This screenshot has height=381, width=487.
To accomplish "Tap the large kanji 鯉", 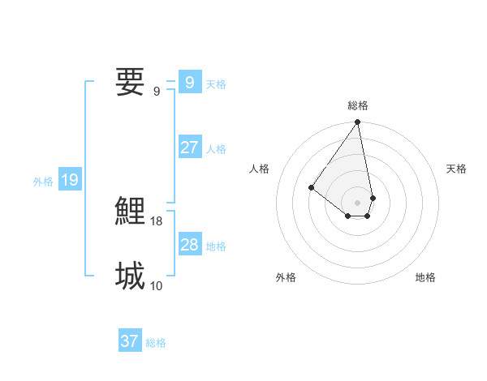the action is pyautogui.click(x=131, y=212).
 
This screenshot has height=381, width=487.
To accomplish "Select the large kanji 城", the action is pyautogui.click(x=131, y=276).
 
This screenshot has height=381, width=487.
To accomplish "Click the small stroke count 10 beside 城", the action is pyautogui.click(x=157, y=285).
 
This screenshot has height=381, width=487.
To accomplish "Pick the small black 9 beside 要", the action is pyautogui.click(x=157, y=91).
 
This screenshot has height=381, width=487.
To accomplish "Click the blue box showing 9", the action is pyautogui.click(x=189, y=82).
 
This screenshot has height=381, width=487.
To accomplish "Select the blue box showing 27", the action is pyautogui.click(x=189, y=148).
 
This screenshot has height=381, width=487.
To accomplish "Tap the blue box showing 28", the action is pyautogui.click(x=189, y=245).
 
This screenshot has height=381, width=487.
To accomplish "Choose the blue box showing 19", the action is pyautogui.click(x=70, y=180).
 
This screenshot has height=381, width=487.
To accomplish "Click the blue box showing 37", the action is pyautogui.click(x=130, y=341).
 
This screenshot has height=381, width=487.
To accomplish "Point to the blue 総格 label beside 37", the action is pyautogui.click(x=156, y=343).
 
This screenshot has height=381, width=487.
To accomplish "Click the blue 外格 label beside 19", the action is pyautogui.click(x=43, y=182).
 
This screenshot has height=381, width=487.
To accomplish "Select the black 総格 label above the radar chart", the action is pyautogui.click(x=358, y=105).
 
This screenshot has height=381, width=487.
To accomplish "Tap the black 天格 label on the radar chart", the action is pyautogui.click(x=456, y=169).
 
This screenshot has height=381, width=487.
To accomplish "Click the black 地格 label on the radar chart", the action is pyautogui.click(x=425, y=277).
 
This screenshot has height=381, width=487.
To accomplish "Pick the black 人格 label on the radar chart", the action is pyautogui.click(x=260, y=169).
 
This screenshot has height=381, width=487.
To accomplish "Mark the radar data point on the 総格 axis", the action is pyautogui.click(x=358, y=122).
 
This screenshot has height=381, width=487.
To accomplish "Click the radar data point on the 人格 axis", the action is pyautogui.click(x=312, y=188).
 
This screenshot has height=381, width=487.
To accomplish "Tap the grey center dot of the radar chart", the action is pyautogui.click(x=358, y=203).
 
